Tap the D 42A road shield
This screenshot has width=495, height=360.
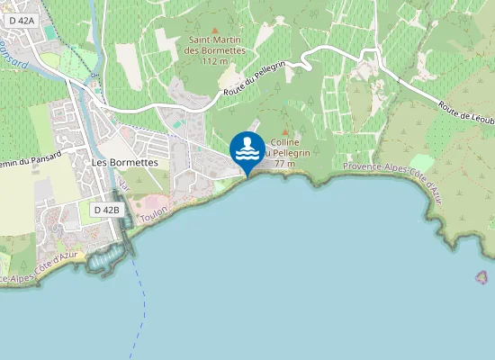point(23,20)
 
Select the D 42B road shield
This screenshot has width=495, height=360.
point(106,209)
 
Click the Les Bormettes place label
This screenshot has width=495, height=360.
point(125,162)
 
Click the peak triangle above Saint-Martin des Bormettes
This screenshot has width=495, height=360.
point(214,30)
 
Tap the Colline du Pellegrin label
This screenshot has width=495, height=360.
point(289,148)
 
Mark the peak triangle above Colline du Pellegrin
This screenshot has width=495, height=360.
point(285,132)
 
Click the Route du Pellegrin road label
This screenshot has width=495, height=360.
point(256,79)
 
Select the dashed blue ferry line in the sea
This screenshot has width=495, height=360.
point(140,306)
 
